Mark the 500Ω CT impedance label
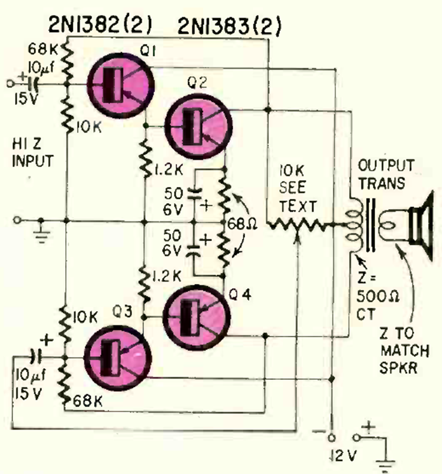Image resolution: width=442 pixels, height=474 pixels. [373, 291]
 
